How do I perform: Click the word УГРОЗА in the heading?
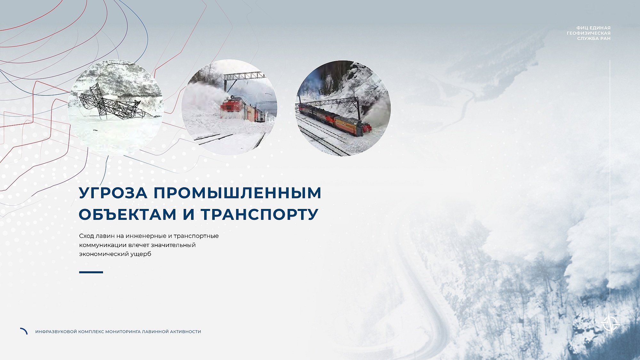[113, 193]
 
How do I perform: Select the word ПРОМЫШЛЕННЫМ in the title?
[237, 193]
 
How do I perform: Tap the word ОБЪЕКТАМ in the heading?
[127, 214]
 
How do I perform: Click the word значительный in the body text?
[173, 245]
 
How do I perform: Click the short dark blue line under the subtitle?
[91, 272]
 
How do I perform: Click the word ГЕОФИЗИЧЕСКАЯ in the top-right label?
[588, 33]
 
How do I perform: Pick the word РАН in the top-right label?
[605, 38]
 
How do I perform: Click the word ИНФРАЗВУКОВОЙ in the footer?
[56, 332]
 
